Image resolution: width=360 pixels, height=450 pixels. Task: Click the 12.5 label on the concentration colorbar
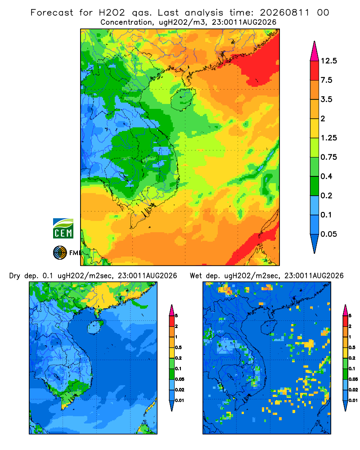(328, 61)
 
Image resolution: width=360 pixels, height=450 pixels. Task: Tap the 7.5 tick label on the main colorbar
(326, 80)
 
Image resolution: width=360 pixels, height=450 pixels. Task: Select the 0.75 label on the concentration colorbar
(328, 157)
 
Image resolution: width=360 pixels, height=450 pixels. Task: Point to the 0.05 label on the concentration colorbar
(328, 234)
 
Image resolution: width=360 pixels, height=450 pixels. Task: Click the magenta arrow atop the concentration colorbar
(315, 51)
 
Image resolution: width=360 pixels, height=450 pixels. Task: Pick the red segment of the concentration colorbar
(315, 71)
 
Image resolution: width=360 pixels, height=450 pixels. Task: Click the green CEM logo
(63, 229)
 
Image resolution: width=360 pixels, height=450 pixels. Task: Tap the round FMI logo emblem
(60, 252)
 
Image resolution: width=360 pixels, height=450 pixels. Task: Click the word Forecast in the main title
(52, 13)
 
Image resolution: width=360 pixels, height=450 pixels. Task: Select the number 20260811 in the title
(285, 13)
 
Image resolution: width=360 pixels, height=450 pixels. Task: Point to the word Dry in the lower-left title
(15, 276)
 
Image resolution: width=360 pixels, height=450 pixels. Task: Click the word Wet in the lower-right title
(197, 276)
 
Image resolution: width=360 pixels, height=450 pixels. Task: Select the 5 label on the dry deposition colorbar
(176, 315)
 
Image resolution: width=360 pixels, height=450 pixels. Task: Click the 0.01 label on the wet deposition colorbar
(353, 400)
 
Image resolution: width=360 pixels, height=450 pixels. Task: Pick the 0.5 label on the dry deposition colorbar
(178, 347)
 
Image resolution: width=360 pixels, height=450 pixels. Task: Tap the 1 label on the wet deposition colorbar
(350, 337)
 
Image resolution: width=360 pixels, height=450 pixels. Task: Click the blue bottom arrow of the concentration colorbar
(315, 243)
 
